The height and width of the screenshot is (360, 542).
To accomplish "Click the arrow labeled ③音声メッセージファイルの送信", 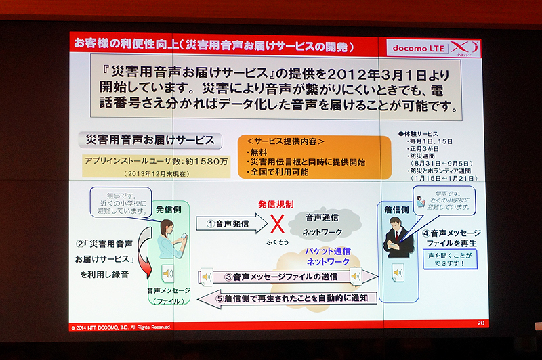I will [287, 276].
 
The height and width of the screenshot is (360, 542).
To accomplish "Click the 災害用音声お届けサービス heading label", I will [150, 140].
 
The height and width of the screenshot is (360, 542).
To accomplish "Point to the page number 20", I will [481, 323].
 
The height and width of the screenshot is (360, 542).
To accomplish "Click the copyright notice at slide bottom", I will [122, 326].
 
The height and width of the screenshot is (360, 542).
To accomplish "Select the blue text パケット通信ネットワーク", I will [327, 256].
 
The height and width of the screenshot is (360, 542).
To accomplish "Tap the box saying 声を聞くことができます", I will [449, 258].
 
